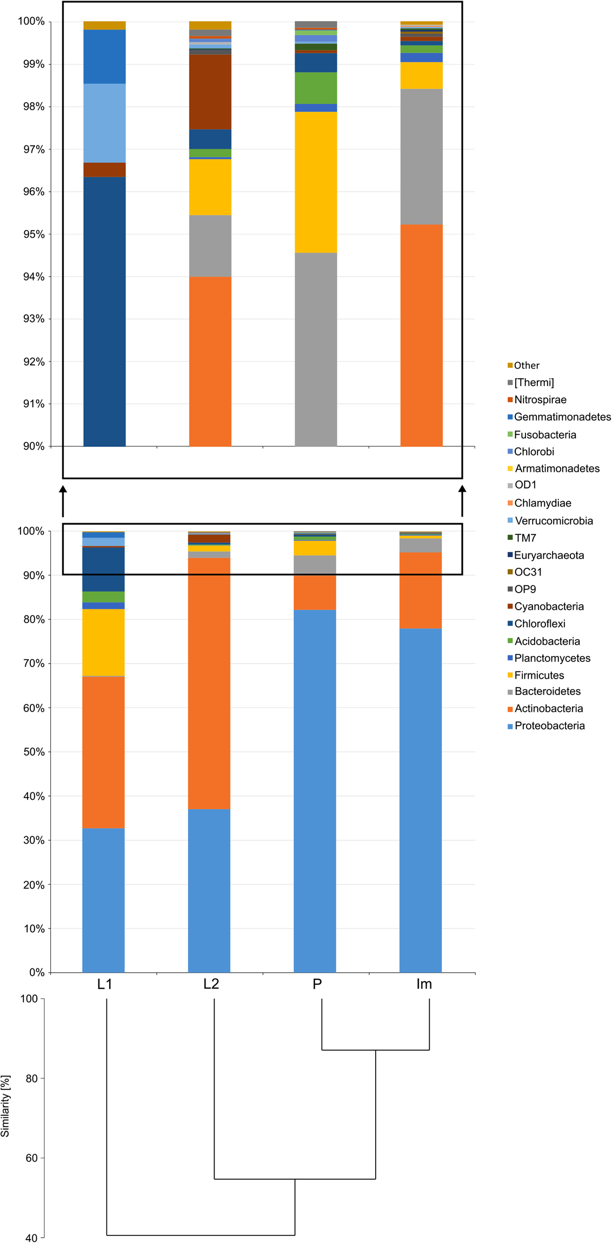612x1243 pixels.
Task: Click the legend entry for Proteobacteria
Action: coord(549,726)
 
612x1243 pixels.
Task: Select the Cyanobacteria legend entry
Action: coord(548,606)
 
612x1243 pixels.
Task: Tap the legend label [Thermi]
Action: coord(534,383)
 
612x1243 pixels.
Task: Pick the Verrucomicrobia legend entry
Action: coord(553,521)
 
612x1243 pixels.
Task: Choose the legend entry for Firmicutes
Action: coord(538,675)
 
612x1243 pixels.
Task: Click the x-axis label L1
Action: coord(104,984)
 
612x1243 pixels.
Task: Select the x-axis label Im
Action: coord(424,984)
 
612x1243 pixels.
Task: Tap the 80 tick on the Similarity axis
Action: coord(31,1079)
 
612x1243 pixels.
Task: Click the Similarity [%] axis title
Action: coord(6,1106)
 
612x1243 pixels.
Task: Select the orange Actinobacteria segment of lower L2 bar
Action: coord(209,681)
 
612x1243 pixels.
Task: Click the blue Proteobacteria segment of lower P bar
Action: coord(315,789)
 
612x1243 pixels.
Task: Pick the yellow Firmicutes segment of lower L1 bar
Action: coord(103,642)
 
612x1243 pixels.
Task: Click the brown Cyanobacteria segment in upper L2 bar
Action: coord(210,92)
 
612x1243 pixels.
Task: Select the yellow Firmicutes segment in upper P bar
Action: coord(316,182)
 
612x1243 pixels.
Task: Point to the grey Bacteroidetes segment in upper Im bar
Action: coord(421,156)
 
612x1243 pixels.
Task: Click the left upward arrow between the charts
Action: coord(63,500)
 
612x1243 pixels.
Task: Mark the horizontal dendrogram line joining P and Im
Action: coord(375,1050)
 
